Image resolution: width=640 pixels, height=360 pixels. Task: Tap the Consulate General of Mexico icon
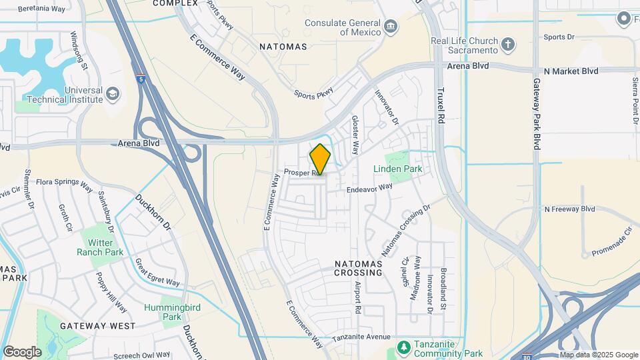tap(390, 27)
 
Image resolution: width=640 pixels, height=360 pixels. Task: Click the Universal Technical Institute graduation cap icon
tap(113, 94)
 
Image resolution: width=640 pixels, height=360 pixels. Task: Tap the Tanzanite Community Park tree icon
tap(403, 347)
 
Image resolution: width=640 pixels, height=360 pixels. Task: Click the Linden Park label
tap(397, 169)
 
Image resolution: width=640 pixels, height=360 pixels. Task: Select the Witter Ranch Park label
tap(100, 247)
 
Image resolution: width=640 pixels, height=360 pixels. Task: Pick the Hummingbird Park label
tap(163, 312)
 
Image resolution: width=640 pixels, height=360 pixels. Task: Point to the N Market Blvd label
tap(571, 71)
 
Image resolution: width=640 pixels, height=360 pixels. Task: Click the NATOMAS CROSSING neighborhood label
tap(359, 269)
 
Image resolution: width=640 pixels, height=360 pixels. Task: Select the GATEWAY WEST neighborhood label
tap(97, 326)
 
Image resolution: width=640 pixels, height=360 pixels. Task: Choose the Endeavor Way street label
tap(369, 189)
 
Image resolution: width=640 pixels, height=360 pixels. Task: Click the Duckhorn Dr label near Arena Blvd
tap(154, 212)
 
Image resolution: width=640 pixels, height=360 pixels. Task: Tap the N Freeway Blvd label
tap(569, 209)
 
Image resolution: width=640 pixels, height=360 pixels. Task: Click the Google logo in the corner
tap(23, 351)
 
